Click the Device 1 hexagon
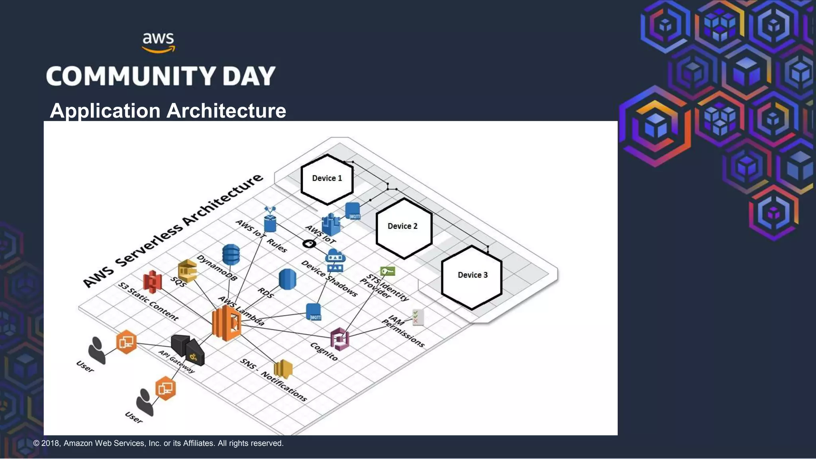[327, 179]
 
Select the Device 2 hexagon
[404, 228]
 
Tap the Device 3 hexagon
[472, 277]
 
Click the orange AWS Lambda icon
[226, 323]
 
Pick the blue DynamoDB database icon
[231, 255]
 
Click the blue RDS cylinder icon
[287, 279]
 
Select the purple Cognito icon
[340, 339]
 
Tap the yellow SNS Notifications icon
[283, 369]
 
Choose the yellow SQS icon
[187, 271]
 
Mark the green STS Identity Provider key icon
[387, 271]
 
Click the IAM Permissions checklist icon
[418, 317]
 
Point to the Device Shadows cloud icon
[335, 261]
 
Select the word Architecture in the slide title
[226, 111]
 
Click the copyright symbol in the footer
[36, 443]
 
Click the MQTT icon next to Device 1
[353, 211]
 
